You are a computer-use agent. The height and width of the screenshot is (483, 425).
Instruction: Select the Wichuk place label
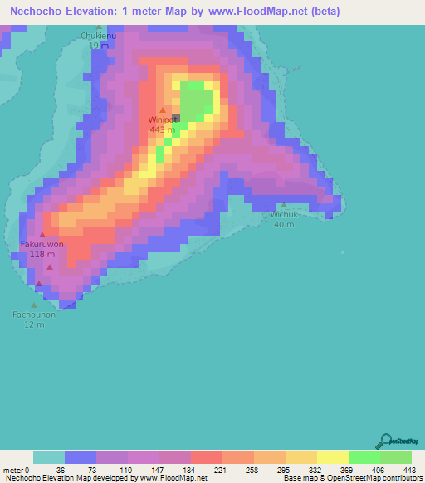pos(284,214)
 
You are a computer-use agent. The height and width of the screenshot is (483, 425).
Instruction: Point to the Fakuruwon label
pos(42,245)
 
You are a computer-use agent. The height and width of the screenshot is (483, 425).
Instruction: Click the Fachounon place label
pos(34,315)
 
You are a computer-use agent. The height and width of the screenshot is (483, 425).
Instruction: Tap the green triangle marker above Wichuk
pos(284,205)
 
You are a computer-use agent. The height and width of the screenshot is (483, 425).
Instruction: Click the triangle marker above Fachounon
pos(34,305)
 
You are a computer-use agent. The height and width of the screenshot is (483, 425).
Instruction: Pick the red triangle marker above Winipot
pos(163,110)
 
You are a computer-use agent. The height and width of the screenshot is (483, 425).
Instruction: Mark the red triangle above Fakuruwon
pos(42,235)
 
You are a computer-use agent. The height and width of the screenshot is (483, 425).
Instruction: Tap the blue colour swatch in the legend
pos(81,457)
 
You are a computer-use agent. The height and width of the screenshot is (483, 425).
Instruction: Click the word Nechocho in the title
pos(32,12)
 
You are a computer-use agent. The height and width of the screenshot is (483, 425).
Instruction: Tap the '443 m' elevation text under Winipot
pos(162,129)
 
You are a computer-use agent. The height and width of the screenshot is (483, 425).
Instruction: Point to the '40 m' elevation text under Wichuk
pos(284,224)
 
